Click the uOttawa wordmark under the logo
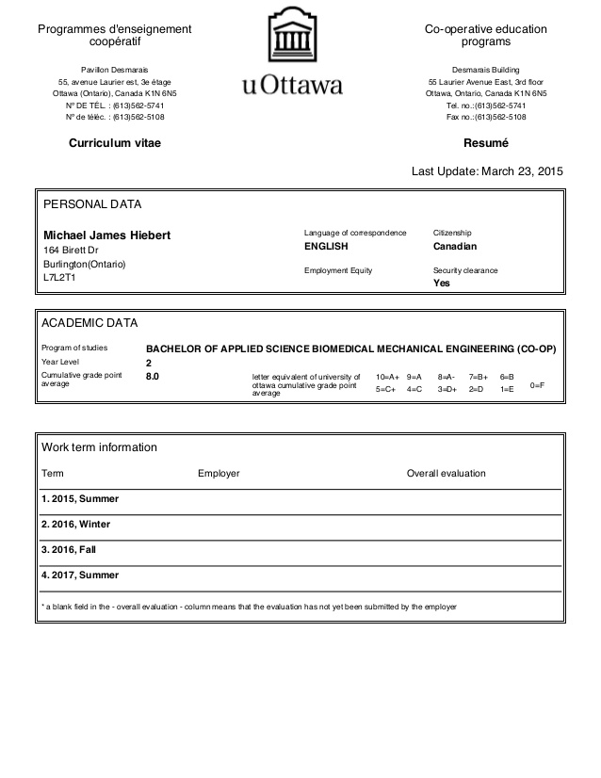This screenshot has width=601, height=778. click(292, 86)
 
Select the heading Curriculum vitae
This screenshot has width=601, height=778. click(114, 143)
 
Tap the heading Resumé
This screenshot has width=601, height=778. click(485, 143)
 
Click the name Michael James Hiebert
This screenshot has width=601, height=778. click(107, 235)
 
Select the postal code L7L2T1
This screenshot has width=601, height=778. click(59, 279)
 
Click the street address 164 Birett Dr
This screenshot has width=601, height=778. click(71, 250)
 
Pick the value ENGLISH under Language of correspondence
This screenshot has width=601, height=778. click(326, 247)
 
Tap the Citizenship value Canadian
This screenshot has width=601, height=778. click(455, 247)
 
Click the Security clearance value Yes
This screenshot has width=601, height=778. click(441, 283)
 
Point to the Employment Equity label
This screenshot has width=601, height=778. click(338, 270)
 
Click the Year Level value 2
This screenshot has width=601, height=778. click(149, 362)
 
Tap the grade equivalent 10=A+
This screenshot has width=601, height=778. click(387, 376)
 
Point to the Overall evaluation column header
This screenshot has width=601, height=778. click(446, 473)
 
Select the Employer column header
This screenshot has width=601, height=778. click(219, 473)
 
